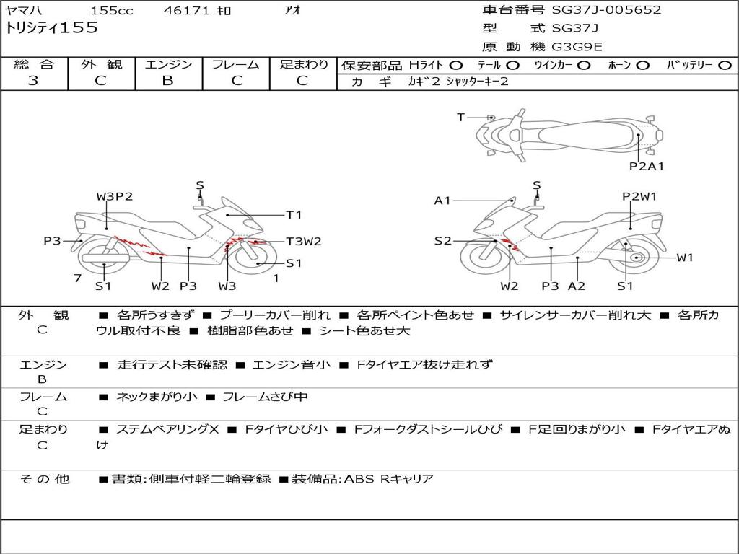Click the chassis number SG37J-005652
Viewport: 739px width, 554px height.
[x=606, y=10]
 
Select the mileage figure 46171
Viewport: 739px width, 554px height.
[x=186, y=10]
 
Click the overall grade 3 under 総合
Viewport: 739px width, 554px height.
[x=33, y=81]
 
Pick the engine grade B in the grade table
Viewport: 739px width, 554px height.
[x=167, y=81]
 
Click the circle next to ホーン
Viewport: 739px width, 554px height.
[x=642, y=66]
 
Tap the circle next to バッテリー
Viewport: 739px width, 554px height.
[x=725, y=66]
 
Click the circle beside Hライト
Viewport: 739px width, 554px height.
[x=456, y=66]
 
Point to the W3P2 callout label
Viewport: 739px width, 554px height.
[x=115, y=196]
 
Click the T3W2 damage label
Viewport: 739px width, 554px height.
[x=304, y=242]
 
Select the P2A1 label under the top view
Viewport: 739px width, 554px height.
[x=647, y=167]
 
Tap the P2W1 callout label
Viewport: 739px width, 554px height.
[x=639, y=196]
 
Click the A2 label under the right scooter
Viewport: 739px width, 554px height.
[x=577, y=286]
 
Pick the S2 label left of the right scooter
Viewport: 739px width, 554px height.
[x=442, y=241]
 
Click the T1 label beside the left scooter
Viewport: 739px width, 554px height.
[x=294, y=215]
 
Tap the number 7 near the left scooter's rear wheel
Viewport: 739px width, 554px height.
[x=78, y=278]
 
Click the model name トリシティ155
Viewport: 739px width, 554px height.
[x=51, y=28]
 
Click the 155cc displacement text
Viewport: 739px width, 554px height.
[x=112, y=10]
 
